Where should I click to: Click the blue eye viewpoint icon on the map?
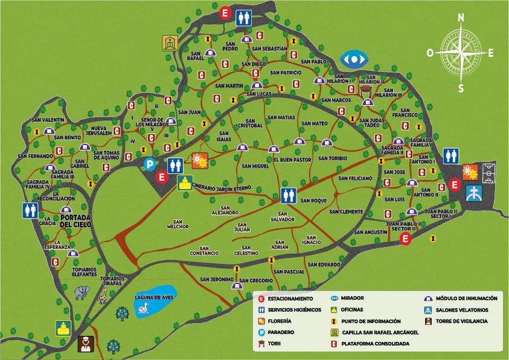(354, 59)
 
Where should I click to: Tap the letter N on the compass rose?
(461, 18)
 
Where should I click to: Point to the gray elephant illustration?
(82, 293)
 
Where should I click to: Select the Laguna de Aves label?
(155, 297)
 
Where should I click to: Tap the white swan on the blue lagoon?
(144, 309)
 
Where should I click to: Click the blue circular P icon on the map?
(149, 163)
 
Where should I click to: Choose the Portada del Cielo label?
(75, 220)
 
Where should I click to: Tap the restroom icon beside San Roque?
(288, 195)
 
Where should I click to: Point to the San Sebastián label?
(269, 48)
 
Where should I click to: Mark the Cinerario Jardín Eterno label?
(221, 188)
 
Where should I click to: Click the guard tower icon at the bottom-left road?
(85, 344)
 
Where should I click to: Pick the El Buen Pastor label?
(292, 160)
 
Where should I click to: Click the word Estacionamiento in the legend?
(290, 298)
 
